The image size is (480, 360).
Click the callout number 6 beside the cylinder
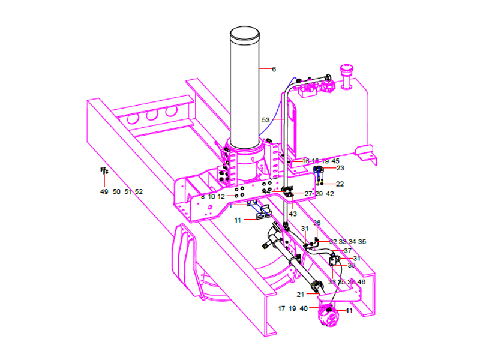[274, 70]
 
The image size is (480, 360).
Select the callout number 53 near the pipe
[266, 120]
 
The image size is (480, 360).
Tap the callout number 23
[340, 169]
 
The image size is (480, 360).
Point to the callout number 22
[340, 184]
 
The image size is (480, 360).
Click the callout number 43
[293, 214]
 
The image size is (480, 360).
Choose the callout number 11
[238, 221]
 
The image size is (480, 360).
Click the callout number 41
[349, 310]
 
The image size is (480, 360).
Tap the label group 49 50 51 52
[121, 191]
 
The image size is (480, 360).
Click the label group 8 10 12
[212, 197]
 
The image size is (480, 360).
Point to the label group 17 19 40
[292, 308]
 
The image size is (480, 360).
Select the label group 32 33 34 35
[347, 242]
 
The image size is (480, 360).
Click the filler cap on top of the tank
[346, 71]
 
